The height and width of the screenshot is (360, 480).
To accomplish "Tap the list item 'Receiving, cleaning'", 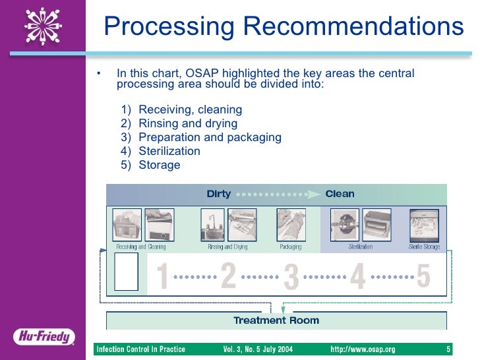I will pos(190,109).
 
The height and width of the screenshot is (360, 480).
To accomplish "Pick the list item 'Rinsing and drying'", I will pos(188,123).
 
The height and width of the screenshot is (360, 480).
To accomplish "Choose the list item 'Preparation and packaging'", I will pos(210,137).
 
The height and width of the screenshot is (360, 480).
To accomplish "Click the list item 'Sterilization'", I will pos(169,151).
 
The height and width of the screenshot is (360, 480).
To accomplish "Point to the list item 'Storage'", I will pos(159,165).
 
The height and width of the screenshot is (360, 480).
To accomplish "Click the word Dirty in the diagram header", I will pos(219,194).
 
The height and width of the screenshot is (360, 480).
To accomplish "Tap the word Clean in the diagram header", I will pos(340,194).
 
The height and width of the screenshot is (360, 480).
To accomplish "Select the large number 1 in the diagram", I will pos(162,277).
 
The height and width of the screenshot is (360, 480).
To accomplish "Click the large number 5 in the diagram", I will pos(423,277).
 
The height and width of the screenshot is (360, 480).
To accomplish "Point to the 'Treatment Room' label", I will pos(276,320).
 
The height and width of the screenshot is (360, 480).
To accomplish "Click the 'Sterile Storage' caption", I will pos(424,247).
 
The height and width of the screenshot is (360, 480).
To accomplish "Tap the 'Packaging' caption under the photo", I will pos(290,247).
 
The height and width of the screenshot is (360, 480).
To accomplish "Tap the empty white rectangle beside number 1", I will pos(127,272).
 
